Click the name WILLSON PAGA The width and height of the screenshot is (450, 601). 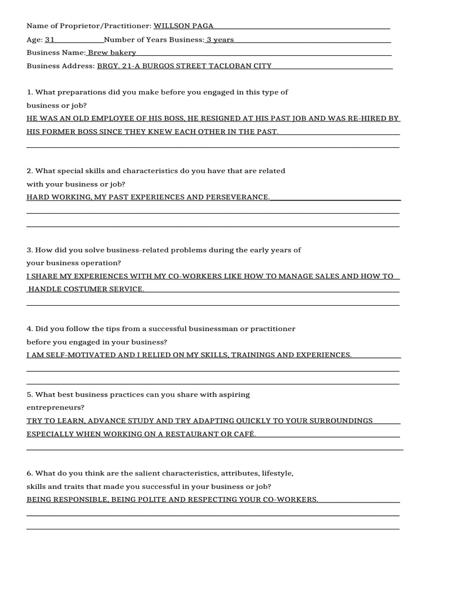click(x=183, y=26)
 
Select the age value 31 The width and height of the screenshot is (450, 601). click(x=50, y=40)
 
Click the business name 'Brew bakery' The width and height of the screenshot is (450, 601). click(x=112, y=53)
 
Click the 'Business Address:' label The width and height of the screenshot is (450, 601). click(x=60, y=66)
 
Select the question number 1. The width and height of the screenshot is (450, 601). click(x=29, y=92)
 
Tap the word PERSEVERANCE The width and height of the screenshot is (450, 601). click(x=237, y=197)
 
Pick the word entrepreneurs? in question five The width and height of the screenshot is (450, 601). click(x=55, y=407)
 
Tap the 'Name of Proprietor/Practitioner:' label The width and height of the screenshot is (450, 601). click(x=88, y=26)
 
